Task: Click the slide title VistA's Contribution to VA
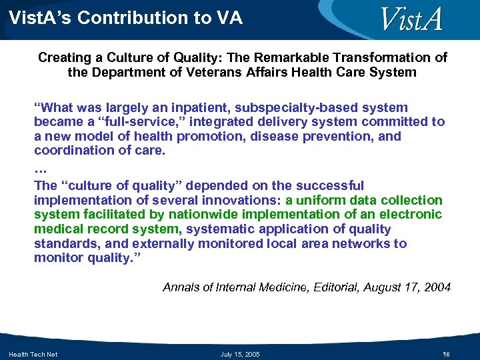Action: pyautogui.click(x=126, y=18)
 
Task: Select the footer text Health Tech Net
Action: pyautogui.click(x=33, y=354)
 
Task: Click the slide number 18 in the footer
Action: pyautogui.click(x=447, y=354)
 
